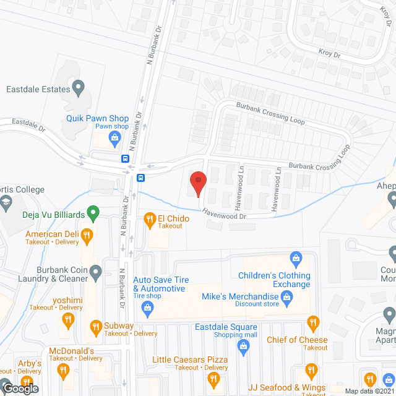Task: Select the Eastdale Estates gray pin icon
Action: click(x=78, y=88)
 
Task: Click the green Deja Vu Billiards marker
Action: click(x=93, y=214)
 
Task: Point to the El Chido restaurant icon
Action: click(x=149, y=218)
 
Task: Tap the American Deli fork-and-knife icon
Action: click(x=87, y=235)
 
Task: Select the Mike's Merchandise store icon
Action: click(x=287, y=299)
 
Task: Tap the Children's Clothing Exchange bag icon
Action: click(x=296, y=257)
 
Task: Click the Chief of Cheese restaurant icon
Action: click(x=313, y=322)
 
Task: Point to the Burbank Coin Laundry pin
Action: click(x=95, y=271)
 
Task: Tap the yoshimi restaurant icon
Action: click(x=68, y=320)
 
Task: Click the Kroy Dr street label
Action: click(x=329, y=54)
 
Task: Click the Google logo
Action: click(x=20, y=388)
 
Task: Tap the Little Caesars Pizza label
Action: click(x=191, y=359)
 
